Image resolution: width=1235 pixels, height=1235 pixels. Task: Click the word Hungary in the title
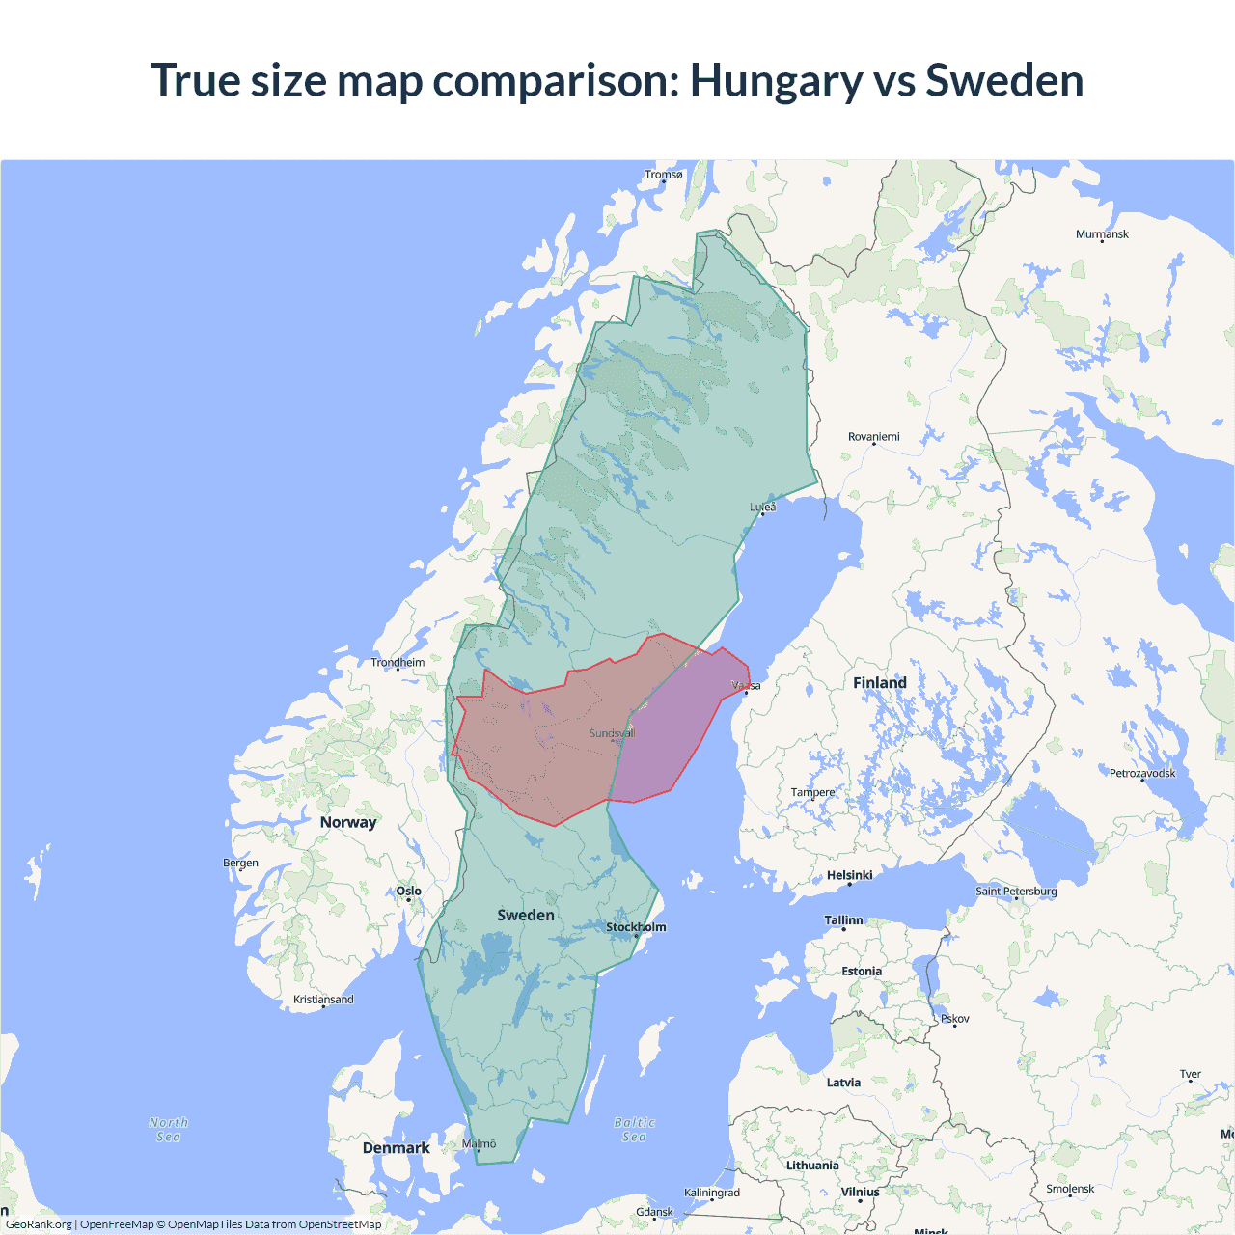pos(776,81)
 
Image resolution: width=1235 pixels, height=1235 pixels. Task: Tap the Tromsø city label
pos(663,175)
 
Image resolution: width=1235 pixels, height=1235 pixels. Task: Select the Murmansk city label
pos(1102,234)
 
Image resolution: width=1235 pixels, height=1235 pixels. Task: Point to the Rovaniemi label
pos(873,437)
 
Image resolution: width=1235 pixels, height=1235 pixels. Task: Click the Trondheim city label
pos(398,663)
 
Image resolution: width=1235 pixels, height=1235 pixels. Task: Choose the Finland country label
pos(879,683)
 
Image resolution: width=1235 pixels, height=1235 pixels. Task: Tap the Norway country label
pos(348,822)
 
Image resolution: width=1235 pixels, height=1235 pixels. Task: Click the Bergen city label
pos(240,863)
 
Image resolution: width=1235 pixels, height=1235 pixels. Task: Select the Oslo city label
pos(408,892)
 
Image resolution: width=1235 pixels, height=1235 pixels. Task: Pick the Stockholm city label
pos(636,927)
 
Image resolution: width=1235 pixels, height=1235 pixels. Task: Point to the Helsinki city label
pos(849,875)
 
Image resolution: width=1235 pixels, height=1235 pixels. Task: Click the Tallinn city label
pos(843,920)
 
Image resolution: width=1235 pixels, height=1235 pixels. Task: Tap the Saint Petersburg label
pos(1016,892)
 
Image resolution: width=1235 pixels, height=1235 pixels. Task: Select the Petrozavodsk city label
pos(1142,774)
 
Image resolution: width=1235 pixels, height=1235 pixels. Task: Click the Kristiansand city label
pos(323,1000)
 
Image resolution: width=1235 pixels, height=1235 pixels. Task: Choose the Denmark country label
pos(396,1148)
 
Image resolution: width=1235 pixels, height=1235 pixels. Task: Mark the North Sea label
pos(169,1130)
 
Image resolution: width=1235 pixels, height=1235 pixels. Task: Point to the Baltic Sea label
pos(634,1130)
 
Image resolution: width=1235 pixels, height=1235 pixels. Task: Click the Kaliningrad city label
pos(712,1194)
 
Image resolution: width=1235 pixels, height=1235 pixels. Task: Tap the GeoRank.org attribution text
pos(39,1224)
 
